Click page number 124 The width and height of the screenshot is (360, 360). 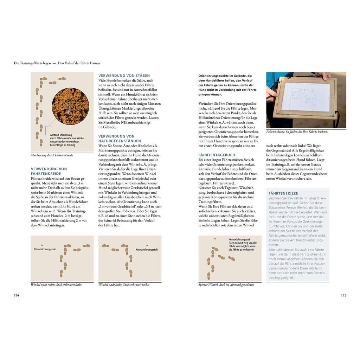(16, 295)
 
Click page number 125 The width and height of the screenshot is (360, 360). (343, 295)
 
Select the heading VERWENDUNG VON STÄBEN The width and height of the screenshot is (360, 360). (124, 76)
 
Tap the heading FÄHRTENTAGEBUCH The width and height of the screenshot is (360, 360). (217, 155)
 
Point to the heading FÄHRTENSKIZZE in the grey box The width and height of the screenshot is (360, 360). (283, 193)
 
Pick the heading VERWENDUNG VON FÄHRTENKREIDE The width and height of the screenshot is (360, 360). (49, 171)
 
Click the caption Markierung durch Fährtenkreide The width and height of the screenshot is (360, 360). (52, 155)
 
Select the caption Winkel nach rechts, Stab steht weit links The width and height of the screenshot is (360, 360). (56, 285)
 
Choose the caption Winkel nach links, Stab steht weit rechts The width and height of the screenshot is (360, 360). (124, 285)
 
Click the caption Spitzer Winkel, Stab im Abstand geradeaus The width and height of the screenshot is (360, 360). (226, 285)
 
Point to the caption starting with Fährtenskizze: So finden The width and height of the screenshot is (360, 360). (297, 132)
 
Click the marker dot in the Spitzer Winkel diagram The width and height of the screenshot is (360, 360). (215, 239)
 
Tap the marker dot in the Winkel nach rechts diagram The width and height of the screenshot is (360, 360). (42, 245)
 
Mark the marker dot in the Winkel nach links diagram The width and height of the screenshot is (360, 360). (147, 245)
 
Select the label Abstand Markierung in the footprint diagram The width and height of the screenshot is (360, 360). (61, 135)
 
